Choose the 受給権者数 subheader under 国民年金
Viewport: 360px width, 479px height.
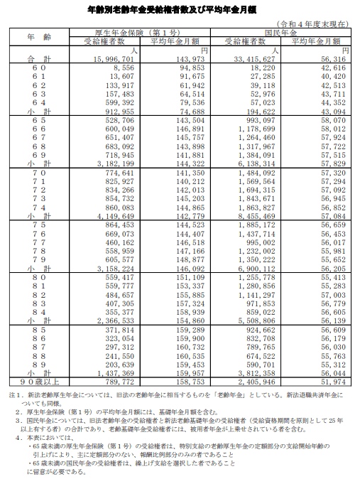pos(251,42)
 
